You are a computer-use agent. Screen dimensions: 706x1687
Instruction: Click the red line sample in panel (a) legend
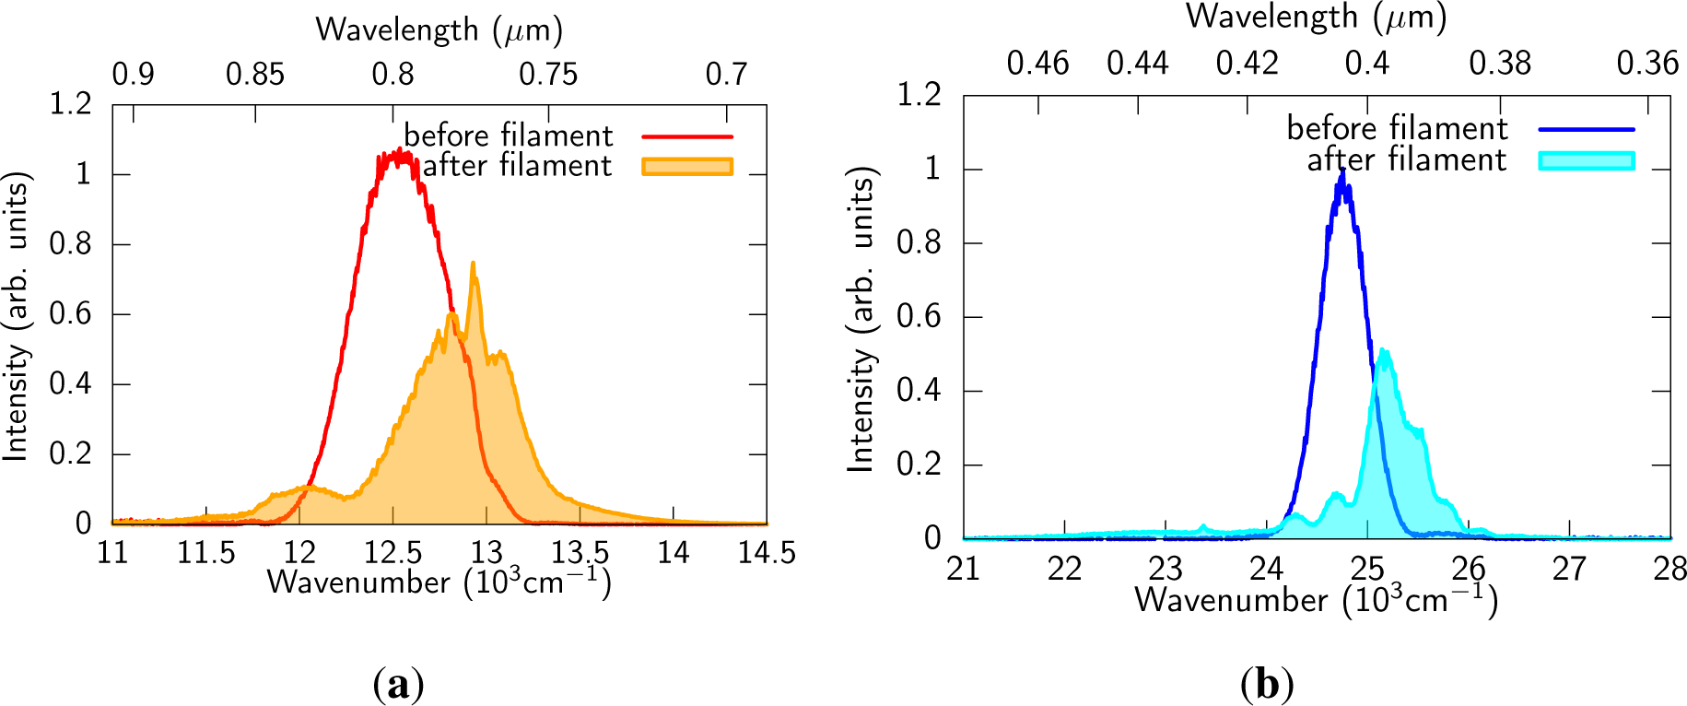coord(686,136)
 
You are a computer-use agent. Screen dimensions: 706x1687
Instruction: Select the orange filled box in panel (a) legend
coord(686,167)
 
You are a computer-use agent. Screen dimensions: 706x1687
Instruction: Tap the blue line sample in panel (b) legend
coord(1586,129)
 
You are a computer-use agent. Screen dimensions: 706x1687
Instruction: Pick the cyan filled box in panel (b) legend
coord(1586,160)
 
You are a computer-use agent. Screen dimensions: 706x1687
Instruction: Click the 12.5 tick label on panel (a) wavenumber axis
coord(392,552)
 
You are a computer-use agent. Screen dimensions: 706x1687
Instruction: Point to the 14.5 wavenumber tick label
coord(766,552)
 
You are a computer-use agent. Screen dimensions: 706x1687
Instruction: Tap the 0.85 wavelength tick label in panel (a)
coord(255,74)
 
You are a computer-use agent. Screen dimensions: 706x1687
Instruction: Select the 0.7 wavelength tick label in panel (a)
coord(726,74)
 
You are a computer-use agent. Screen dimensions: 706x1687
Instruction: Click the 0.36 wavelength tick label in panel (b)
coord(1647,63)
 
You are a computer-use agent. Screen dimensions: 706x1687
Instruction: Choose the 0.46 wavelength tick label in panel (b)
coord(1037,63)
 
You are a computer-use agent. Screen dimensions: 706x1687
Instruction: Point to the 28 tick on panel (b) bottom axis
coord(1669,568)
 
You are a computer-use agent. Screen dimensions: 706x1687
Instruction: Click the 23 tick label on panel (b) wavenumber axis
coord(1166,568)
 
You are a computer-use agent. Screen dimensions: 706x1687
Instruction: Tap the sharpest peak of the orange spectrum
coord(474,265)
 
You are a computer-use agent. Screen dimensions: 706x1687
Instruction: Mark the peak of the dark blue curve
coord(1343,171)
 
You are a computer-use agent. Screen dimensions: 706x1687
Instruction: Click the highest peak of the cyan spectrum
coord(1383,349)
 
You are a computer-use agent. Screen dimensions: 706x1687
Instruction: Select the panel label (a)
coord(398,685)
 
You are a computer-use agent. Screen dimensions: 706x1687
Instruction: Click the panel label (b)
coord(1267,685)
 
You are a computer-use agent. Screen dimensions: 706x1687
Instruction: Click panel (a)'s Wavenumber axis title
coord(439,582)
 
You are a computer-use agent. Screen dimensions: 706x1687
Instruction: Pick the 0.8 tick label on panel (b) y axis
coord(919,242)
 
